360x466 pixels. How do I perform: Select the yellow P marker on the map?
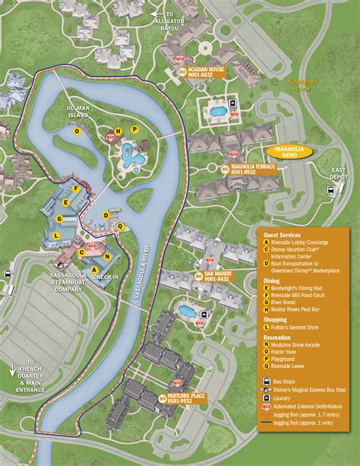point(135,129)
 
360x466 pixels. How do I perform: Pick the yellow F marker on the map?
point(75,189)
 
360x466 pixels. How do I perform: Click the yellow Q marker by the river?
point(120,226)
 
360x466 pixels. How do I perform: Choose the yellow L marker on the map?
point(56,236)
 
